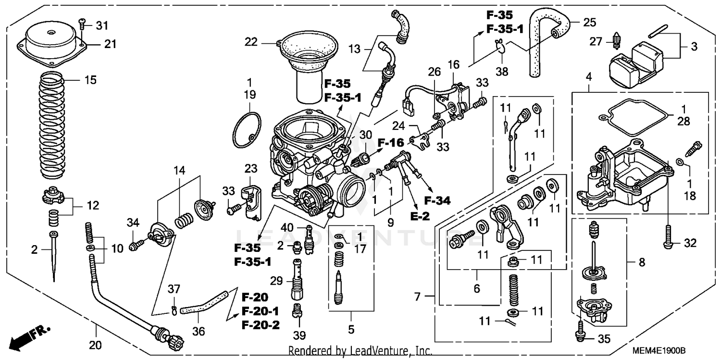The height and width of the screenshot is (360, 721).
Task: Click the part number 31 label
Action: pos(102,25)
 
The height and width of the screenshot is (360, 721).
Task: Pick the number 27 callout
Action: pos(596,41)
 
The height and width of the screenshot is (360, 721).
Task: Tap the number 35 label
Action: pos(604,339)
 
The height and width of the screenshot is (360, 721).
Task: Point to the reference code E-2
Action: pos(419,216)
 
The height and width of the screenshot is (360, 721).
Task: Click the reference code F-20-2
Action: pos(260,324)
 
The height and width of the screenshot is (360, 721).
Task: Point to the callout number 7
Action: pos(417,297)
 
